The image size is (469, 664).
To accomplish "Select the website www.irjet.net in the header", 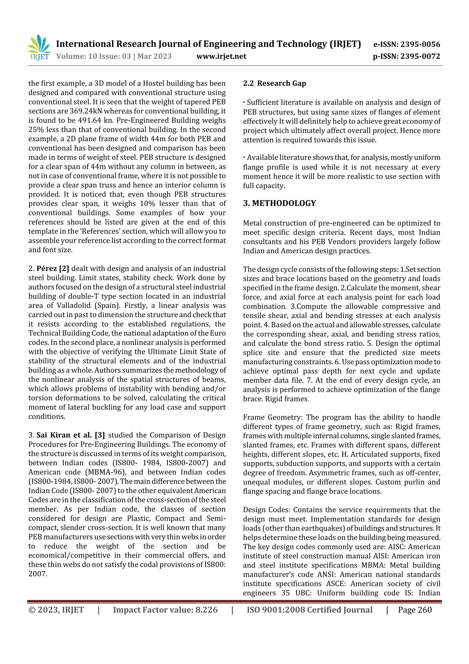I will tap(221, 56).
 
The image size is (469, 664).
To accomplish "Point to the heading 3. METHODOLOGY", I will tap(279, 203).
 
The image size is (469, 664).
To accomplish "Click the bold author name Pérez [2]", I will tap(53, 268).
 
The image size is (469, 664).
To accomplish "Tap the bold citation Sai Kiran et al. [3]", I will tap(71, 435).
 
